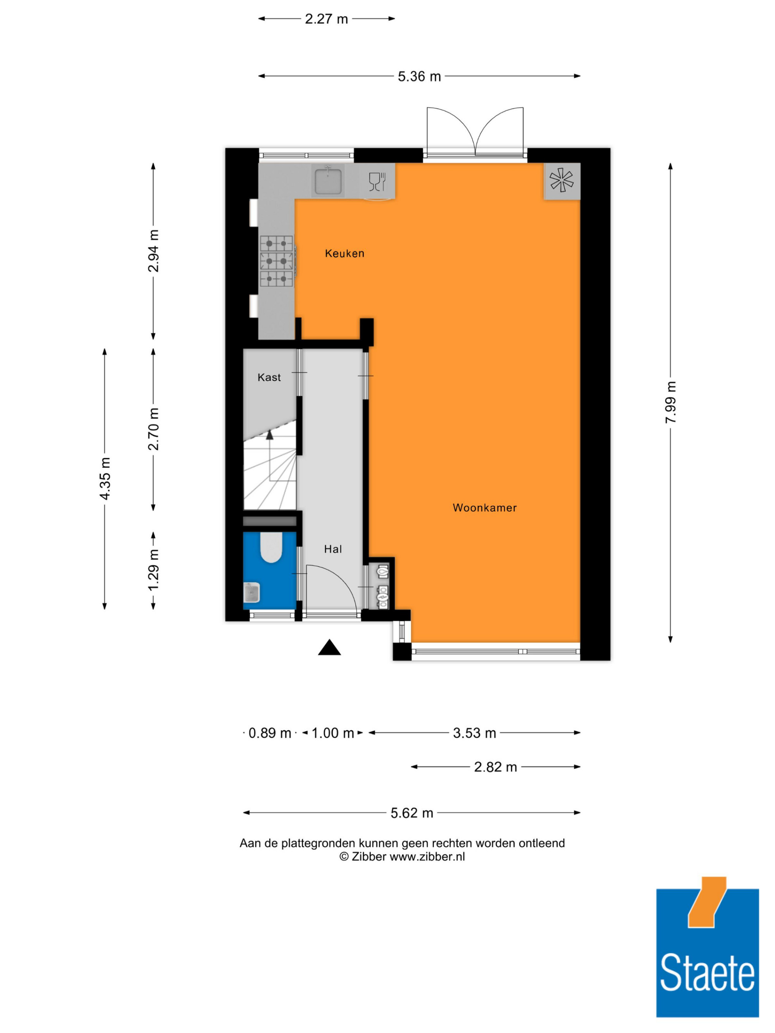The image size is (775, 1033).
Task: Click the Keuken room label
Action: (x=344, y=254)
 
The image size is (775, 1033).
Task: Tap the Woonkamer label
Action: (x=484, y=508)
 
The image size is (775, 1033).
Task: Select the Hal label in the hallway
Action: (x=333, y=549)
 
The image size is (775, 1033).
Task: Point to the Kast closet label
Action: (x=269, y=377)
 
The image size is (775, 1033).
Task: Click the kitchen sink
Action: (x=328, y=180)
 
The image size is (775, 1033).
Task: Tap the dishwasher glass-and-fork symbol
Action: (x=377, y=182)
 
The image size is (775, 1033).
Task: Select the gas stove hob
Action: (x=277, y=261)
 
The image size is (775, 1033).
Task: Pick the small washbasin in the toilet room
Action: (x=251, y=593)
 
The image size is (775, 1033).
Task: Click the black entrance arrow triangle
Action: (x=329, y=648)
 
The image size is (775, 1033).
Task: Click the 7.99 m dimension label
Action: (x=670, y=402)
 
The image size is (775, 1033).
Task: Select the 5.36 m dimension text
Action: (x=419, y=77)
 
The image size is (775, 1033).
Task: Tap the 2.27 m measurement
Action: (x=327, y=19)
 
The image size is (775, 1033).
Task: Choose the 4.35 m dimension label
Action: (x=105, y=479)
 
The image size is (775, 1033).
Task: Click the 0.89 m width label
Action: (x=270, y=733)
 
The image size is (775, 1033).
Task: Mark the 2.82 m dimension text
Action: (x=496, y=767)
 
